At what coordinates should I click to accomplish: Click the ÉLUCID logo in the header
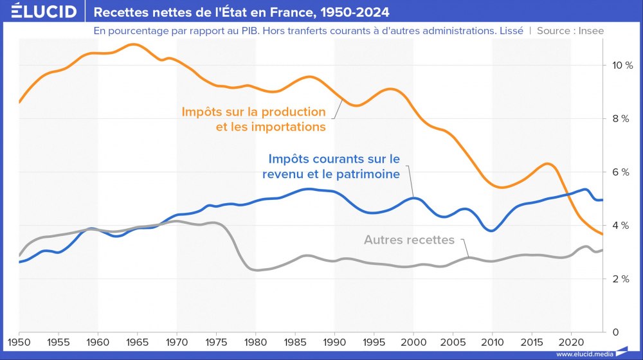pos(44,12)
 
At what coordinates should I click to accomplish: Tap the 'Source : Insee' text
pos(570,30)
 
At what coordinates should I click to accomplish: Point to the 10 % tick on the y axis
pos(622,66)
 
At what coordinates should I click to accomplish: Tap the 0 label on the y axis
pos(615,332)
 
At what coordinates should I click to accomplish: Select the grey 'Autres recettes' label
pos(409,240)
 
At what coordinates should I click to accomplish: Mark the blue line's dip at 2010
pos(491,230)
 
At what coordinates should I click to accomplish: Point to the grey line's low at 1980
pos(257,270)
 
